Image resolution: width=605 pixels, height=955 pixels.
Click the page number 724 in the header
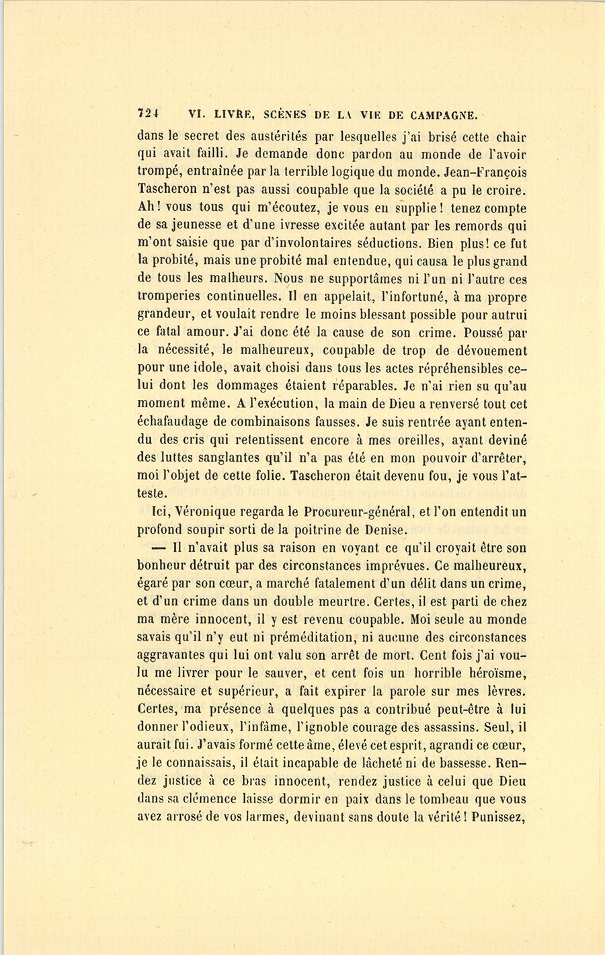(x=147, y=114)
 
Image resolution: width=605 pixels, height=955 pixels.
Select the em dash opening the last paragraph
(x=158, y=547)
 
